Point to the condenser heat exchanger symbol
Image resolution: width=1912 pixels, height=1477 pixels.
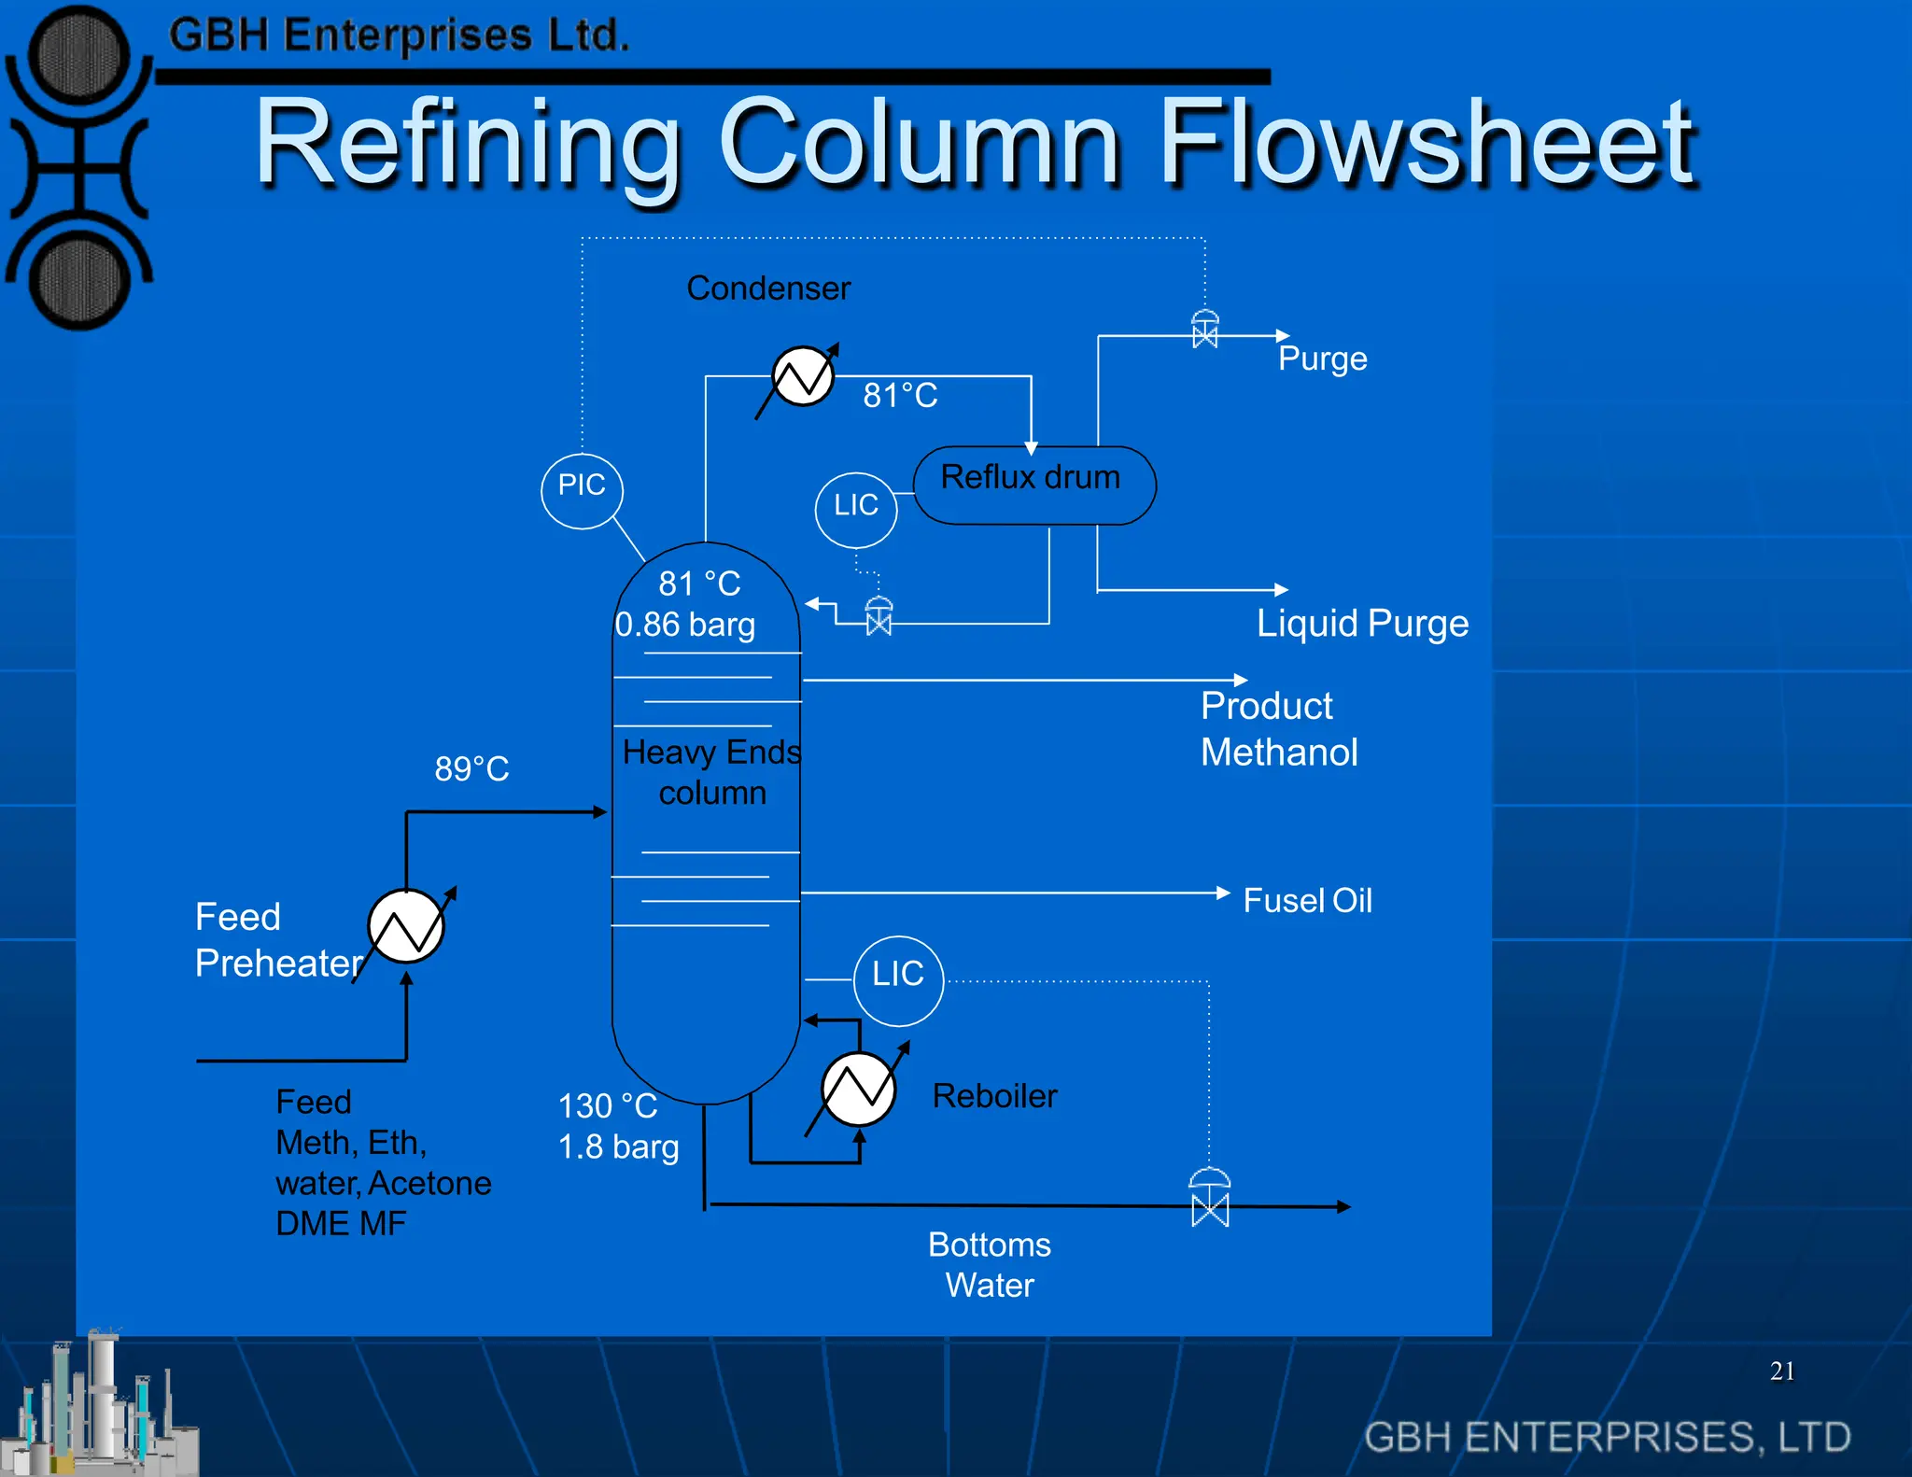[803, 376]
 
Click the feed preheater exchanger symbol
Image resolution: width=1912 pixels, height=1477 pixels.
[406, 926]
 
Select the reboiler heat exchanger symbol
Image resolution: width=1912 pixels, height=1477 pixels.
[858, 1089]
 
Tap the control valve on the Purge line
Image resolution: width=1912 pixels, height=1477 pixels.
[1205, 329]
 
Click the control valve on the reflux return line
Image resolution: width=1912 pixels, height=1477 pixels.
[879, 616]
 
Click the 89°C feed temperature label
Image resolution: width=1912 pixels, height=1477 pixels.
[471, 769]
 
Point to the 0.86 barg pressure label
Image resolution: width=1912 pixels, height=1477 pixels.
[685, 625]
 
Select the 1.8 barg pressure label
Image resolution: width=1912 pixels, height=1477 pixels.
[618, 1147]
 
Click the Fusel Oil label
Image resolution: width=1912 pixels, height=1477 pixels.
[1307, 901]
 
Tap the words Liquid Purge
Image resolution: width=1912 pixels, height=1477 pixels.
[1362, 624]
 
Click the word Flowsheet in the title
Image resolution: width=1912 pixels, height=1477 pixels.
[1427, 142]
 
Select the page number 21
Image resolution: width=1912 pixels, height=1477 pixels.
[1782, 1371]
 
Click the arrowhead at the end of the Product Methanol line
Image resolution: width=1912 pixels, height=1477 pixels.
[1241, 680]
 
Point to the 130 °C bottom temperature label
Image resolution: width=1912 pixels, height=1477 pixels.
[608, 1106]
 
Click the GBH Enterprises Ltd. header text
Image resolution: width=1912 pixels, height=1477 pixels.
[399, 35]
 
